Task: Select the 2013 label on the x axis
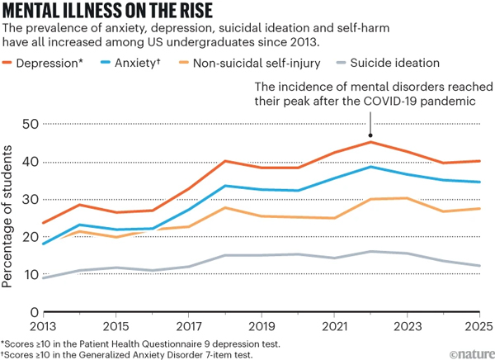point(44,325)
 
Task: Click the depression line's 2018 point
point(225,161)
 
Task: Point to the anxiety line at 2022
point(370,167)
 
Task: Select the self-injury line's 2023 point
point(406,198)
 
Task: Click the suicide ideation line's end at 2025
point(478,266)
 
